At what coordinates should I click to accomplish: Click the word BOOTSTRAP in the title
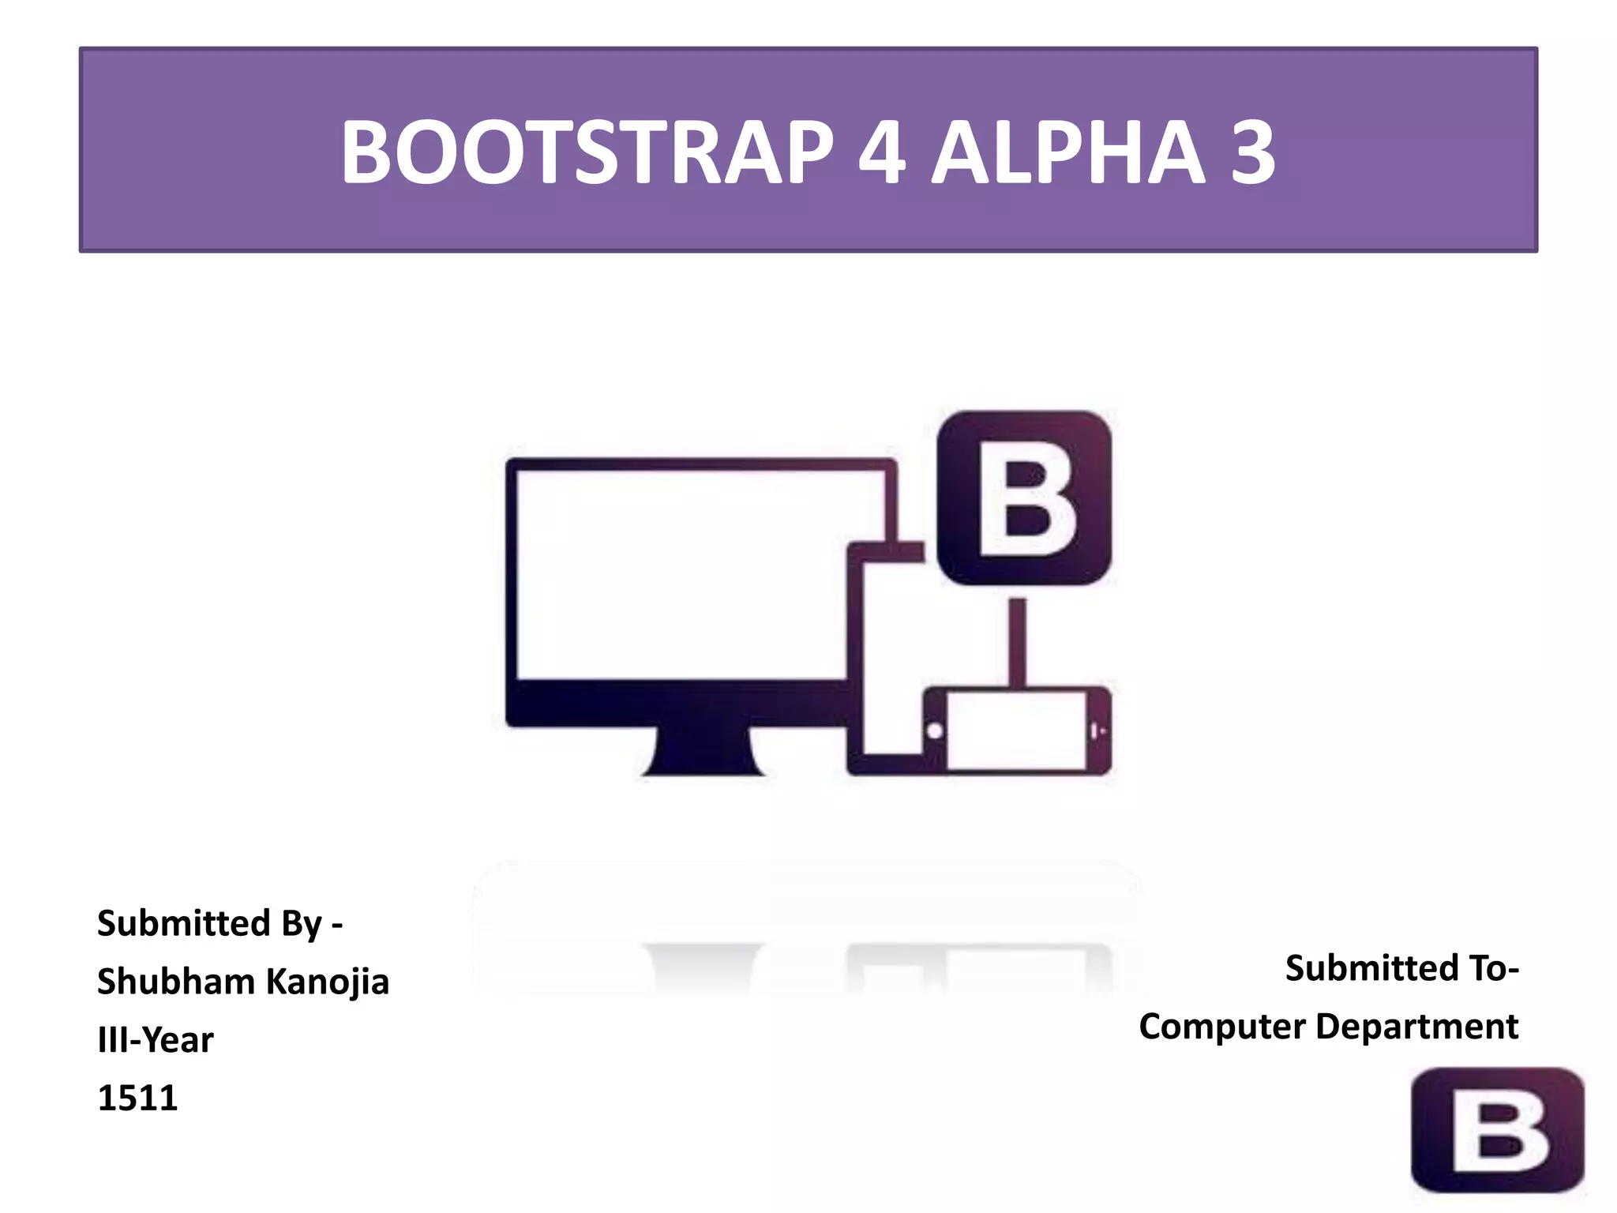click(x=587, y=152)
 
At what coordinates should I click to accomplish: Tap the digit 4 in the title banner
click(x=881, y=152)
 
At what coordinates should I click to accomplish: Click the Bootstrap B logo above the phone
click(x=1024, y=498)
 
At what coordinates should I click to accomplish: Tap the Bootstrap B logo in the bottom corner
click(x=1497, y=1130)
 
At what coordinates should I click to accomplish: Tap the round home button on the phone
click(x=935, y=730)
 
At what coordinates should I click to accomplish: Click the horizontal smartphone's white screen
click(x=1016, y=730)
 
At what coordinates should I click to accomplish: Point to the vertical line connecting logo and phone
click(x=1018, y=641)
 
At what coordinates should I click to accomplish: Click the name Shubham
click(x=175, y=982)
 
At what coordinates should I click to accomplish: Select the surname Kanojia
click(x=327, y=982)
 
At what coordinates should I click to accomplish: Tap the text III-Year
click(x=155, y=1040)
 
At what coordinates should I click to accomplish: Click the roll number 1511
click(x=137, y=1098)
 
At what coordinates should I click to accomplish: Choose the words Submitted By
click(x=210, y=923)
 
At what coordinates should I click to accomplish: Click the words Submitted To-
click(x=1401, y=968)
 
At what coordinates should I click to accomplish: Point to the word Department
click(x=1416, y=1027)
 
